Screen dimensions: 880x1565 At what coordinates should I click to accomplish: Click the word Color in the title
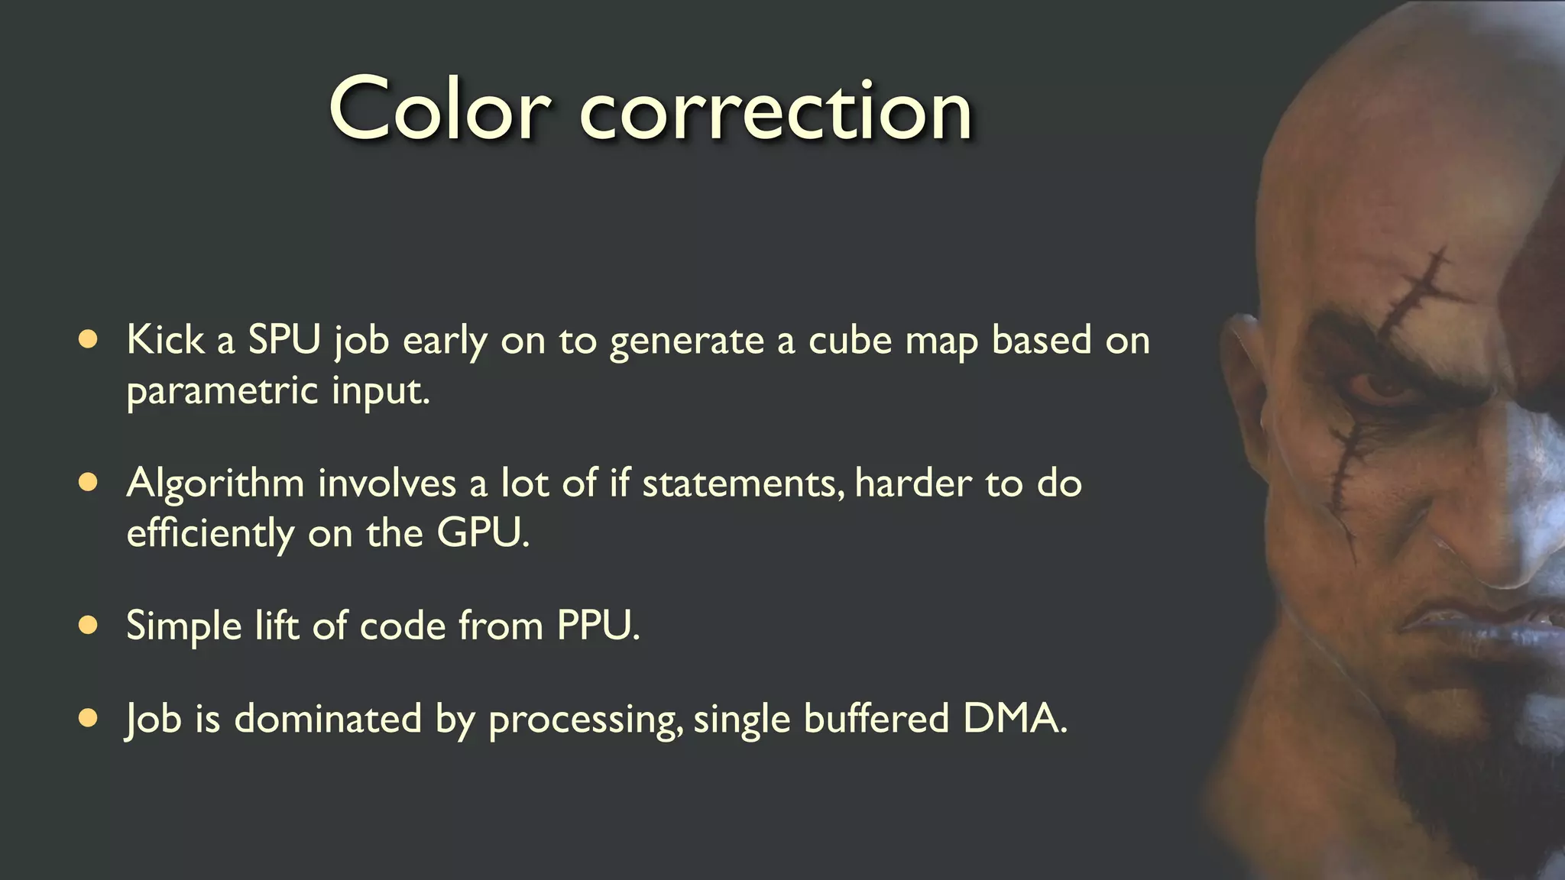pyautogui.click(x=439, y=109)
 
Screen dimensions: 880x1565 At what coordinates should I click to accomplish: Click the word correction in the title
pyautogui.click(x=775, y=112)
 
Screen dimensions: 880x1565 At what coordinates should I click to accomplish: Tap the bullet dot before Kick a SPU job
pyautogui.click(x=89, y=339)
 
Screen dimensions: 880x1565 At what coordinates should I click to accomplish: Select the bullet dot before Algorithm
pyautogui.click(x=89, y=482)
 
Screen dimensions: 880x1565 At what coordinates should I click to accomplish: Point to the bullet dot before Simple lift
pyautogui.click(x=89, y=626)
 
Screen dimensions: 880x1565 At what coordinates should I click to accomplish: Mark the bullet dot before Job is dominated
pyautogui.click(x=89, y=718)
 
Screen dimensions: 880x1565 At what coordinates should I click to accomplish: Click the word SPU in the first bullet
pyautogui.click(x=284, y=339)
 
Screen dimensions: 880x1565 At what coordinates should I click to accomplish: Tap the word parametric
pyautogui.click(x=222, y=392)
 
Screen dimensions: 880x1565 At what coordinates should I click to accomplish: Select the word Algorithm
pyautogui.click(x=215, y=484)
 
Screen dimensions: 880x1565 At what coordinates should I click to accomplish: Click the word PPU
pyautogui.click(x=597, y=626)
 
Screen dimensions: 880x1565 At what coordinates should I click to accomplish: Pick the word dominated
pyautogui.click(x=328, y=718)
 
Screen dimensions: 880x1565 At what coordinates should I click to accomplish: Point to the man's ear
pyautogui.click(x=1242, y=382)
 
